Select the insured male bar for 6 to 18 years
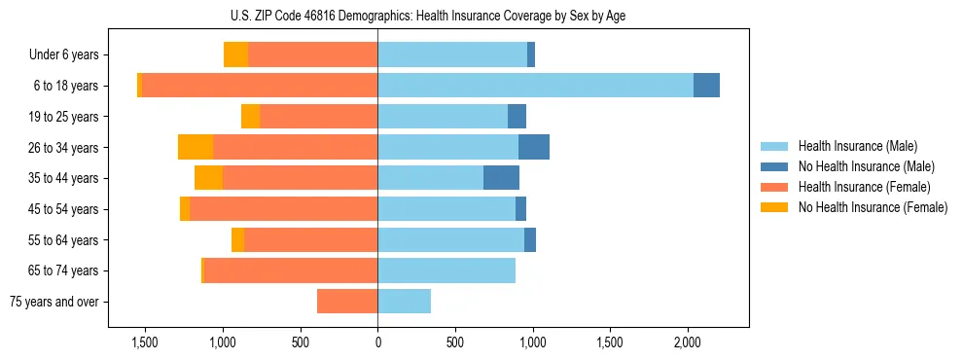(x=535, y=86)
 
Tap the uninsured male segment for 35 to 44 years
(x=501, y=178)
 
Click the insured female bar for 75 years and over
(x=347, y=302)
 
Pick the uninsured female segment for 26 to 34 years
(x=196, y=147)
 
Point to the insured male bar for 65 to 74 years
(x=446, y=270)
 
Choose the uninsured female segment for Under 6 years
(x=235, y=54)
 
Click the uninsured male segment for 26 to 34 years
(x=534, y=147)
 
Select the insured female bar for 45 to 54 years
(x=284, y=209)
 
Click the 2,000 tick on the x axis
(x=687, y=343)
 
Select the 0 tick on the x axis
(x=377, y=343)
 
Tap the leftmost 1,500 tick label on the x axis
(x=145, y=343)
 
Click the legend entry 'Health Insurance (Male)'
(x=857, y=146)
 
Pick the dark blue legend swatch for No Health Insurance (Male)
(x=775, y=166)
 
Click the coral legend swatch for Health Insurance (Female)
(x=775, y=187)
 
